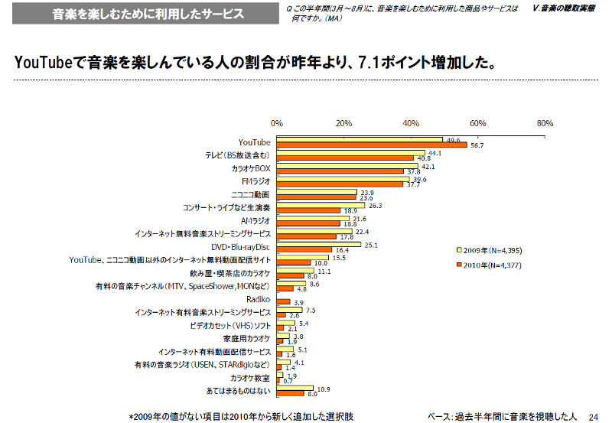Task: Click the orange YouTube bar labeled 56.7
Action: pos(372,145)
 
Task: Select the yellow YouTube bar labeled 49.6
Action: pos(360,140)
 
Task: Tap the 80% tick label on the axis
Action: pos(545,123)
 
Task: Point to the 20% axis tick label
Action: pos(343,123)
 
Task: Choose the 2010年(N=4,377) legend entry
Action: pos(496,265)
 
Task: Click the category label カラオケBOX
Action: pos(251,168)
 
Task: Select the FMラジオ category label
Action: pos(256,181)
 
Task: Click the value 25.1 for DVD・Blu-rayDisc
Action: pos(373,245)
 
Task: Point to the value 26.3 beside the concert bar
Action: pos(376,206)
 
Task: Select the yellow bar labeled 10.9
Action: pos(295,389)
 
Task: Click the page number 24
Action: pos(593,415)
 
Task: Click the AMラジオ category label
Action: pos(256,220)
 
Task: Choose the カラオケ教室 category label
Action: pos(251,378)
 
